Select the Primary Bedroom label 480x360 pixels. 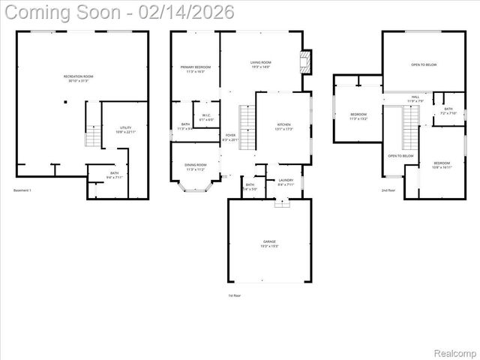195,69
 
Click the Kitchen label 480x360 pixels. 283,127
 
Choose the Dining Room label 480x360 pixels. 195,167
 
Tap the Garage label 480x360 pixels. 269,243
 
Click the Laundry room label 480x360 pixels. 285,181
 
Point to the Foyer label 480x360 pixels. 230,137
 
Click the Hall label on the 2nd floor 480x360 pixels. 415,98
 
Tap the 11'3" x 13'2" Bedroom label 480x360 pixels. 358,116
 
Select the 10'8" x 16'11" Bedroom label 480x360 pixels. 441,165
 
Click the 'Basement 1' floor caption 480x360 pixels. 22,190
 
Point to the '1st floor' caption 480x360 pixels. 235,295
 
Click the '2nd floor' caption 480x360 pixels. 388,190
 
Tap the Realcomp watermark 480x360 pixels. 454,352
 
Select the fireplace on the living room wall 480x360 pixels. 305,62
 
